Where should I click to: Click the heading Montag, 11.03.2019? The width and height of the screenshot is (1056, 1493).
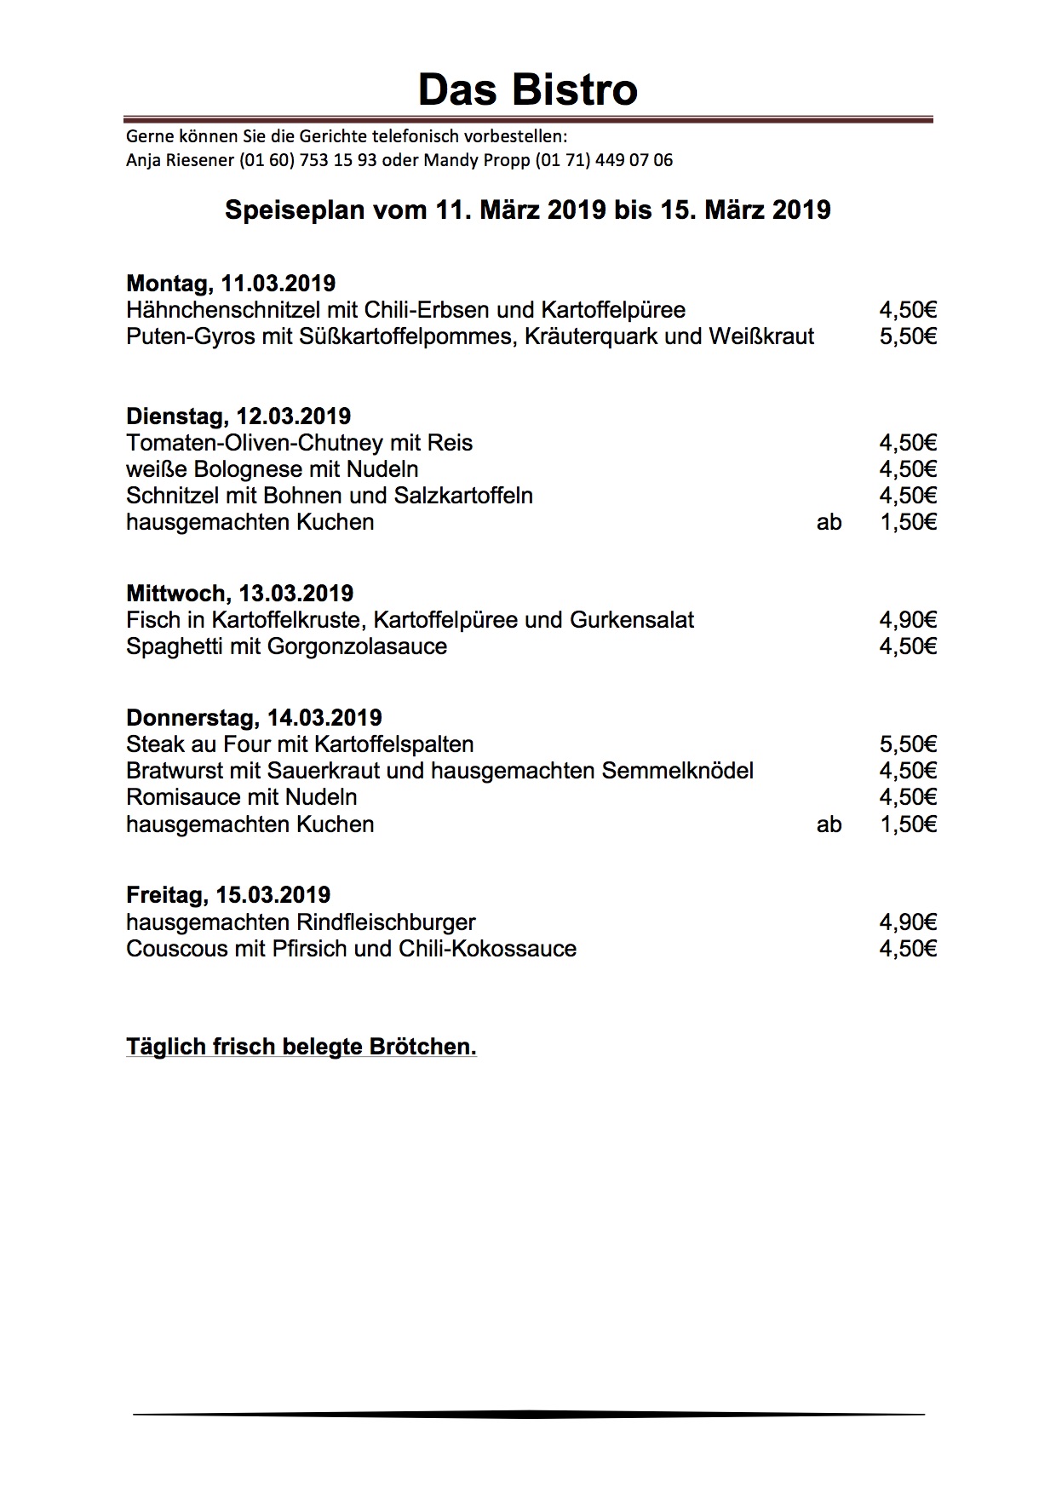click(231, 283)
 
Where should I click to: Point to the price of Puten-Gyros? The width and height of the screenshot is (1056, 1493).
click(908, 336)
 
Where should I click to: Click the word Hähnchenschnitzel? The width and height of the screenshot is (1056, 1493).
click(217, 310)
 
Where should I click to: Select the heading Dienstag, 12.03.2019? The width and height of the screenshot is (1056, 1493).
click(238, 416)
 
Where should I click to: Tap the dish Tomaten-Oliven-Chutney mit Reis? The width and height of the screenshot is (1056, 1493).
click(299, 443)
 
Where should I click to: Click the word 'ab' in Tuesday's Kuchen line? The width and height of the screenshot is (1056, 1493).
click(829, 522)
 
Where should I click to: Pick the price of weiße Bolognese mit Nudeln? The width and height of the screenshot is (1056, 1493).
click(908, 469)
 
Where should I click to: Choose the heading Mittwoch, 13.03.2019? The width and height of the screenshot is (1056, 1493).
click(239, 594)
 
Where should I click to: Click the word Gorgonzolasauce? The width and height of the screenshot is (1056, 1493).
click(357, 646)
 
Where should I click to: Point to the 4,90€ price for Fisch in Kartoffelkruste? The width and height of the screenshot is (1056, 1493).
click(908, 620)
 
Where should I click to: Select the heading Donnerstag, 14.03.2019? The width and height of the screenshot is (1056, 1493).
click(254, 718)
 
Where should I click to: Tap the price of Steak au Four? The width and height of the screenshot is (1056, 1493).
click(908, 744)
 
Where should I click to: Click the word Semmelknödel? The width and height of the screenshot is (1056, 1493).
click(677, 771)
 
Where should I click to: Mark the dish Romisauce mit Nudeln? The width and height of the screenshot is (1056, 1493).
click(241, 797)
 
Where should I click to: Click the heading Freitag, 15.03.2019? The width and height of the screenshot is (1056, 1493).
click(228, 895)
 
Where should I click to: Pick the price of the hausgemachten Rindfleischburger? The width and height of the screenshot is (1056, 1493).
click(908, 922)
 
